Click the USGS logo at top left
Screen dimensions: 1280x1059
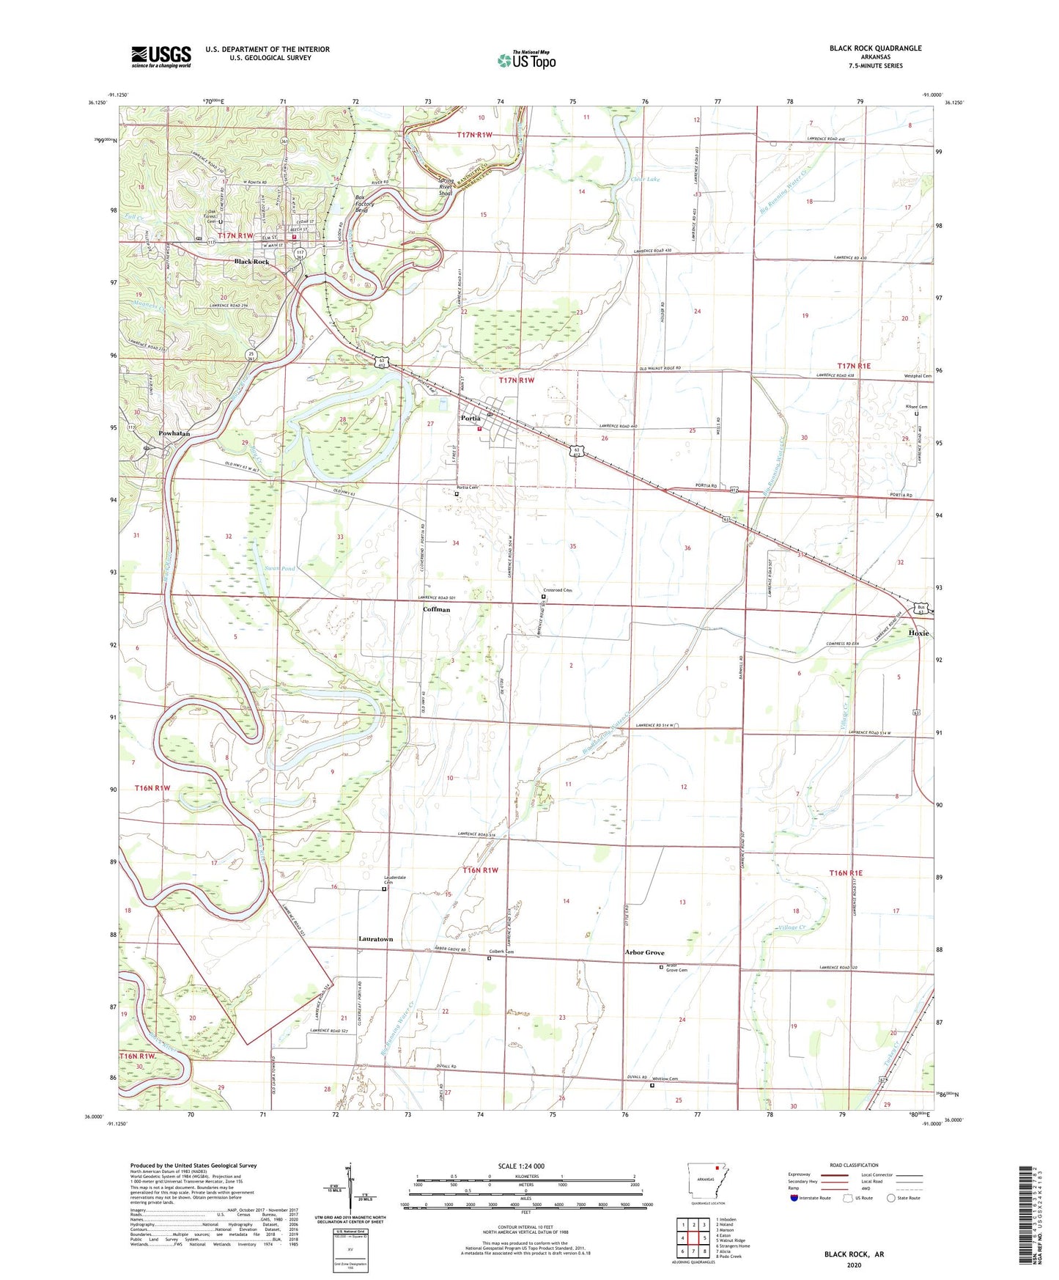(x=161, y=56)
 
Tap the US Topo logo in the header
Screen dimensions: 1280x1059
(x=526, y=60)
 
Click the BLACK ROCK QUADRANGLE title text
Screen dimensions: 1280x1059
(x=875, y=48)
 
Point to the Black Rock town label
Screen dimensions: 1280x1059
(x=251, y=262)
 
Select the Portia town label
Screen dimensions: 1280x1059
(x=471, y=418)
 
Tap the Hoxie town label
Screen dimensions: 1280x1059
(x=918, y=633)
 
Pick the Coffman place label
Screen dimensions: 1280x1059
(x=436, y=609)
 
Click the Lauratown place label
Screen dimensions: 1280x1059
(x=375, y=938)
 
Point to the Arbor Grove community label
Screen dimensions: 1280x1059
(x=644, y=952)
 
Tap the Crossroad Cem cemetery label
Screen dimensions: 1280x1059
(x=557, y=591)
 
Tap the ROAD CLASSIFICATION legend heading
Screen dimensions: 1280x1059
(x=854, y=1165)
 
